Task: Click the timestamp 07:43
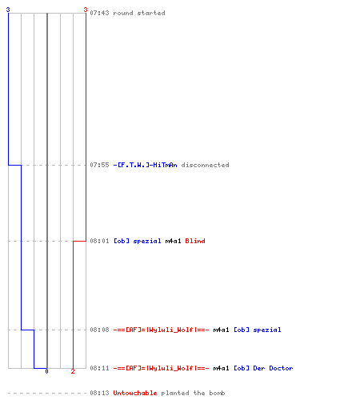point(99,13)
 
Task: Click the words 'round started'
point(139,13)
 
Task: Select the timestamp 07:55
point(99,165)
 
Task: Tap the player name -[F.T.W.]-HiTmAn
point(145,165)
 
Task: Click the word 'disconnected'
point(205,165)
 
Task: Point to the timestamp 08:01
point(99,241)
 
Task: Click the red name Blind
point(195,241)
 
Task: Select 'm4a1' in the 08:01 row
point(173,241)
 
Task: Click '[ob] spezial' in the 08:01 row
point(138,241)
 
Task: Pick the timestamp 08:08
point(99,330)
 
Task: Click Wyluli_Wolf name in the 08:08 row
point(161,330)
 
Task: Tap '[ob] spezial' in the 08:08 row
point(258,330)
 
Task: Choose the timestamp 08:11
point(99,368)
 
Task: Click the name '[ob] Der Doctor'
point(263,368)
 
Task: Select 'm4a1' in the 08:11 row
point(221,368)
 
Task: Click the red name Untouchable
point(135,393)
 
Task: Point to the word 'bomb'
point(217,393)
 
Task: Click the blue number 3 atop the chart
point(8,10)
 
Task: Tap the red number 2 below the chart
point(73,371)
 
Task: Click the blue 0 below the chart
point(46,371)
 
